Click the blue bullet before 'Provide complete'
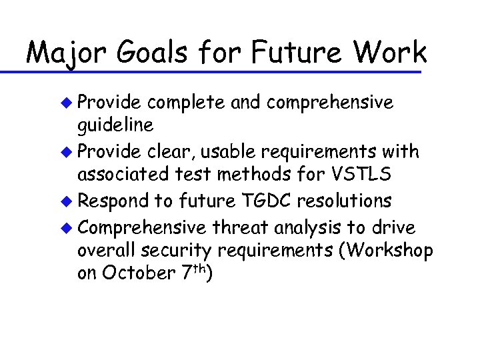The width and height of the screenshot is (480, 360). click(65, 102)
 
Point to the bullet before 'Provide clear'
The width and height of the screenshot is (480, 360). click(65, 152)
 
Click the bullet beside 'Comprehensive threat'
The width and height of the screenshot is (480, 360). click(65, 228)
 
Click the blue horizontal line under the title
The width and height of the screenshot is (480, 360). click(220, 71)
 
